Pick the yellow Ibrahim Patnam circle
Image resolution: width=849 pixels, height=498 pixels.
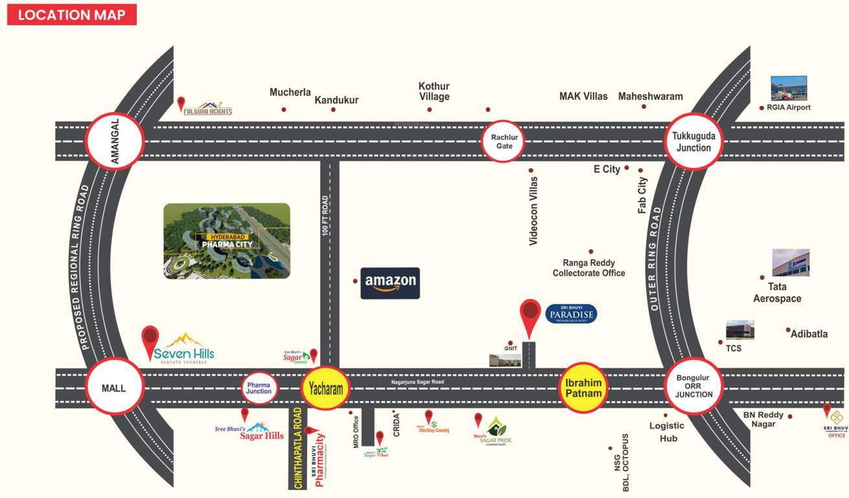point(584,387)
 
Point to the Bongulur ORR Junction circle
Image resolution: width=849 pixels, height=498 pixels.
point(693,386)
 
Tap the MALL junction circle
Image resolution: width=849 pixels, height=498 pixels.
point(113,388)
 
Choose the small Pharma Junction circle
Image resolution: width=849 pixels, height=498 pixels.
point(259,388)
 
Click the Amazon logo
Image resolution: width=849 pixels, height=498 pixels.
point(390,283)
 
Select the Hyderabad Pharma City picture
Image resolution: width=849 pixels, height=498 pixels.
point(227,241)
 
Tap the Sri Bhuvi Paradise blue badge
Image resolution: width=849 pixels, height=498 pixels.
point(570,314)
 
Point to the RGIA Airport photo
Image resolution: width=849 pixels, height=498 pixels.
point(789,88)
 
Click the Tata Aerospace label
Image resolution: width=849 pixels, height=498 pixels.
point(777,292)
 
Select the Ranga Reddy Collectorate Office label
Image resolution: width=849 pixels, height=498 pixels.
point(588,268)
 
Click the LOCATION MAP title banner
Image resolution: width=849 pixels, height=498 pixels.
point(72,14)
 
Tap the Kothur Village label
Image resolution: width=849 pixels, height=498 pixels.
point(434,91)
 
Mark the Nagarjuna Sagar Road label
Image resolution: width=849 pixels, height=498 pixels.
point(417,382)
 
